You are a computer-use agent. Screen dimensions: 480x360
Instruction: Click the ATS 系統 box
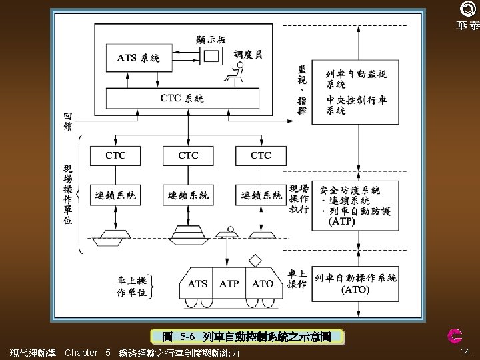(x=139, y=58)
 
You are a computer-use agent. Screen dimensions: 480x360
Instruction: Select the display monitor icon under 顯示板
(x=211, y=56)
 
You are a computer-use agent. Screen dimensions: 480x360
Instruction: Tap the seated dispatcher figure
(x=235, y=73)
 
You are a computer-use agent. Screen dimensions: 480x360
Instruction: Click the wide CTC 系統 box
(x=183, y=98)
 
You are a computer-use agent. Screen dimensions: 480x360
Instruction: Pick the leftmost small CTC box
(x=115, y=156)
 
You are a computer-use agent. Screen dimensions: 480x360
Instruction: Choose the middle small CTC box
(x=188, y=156)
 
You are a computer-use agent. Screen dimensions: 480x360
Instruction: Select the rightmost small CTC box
(x=261, y=156)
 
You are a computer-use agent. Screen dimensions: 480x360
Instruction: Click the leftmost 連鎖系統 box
(x=115, y=195)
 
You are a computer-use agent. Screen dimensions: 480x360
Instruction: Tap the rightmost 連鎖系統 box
(x=261, y=195)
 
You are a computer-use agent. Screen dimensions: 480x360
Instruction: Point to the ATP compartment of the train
(x=229, y=283)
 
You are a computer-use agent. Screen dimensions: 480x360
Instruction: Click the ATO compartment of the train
(x=263, y=283)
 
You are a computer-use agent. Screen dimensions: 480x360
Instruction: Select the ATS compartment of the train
(x=196, y=283)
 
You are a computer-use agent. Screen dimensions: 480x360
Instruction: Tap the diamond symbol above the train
(x=255, y=261)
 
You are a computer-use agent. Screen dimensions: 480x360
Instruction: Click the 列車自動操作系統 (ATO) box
(x=355, y=284)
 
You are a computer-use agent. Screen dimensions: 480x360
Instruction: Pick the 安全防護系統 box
(x=355, y=206)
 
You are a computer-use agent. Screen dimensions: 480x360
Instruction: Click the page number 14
(x=465, y=351)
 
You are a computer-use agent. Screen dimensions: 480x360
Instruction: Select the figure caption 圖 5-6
(x=247, y=337)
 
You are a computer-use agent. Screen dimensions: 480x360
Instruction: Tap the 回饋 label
(x=67, y=121)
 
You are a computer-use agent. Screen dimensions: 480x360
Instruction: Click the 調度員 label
(x=248, y=55)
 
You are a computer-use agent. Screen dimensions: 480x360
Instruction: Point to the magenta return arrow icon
(x=455, y=336)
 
